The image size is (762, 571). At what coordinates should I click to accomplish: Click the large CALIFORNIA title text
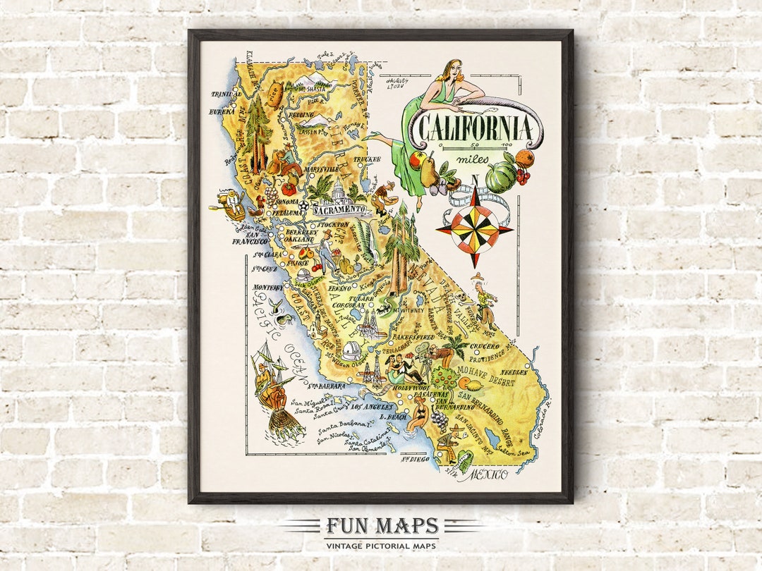click(473, 128)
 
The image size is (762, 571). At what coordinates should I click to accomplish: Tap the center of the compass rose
click(474, 228)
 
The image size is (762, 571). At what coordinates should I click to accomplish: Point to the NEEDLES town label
click(514, 372)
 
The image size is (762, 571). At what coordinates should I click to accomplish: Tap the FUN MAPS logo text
click(381, 527)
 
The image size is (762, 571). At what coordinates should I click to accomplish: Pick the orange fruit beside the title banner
click(524, 157)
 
